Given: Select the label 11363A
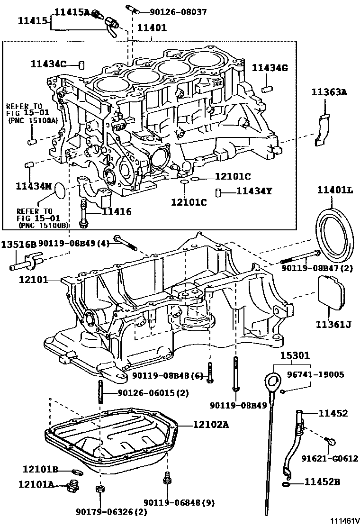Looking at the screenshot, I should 329,93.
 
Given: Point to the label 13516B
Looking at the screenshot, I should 18,245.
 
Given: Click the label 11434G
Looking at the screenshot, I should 270,68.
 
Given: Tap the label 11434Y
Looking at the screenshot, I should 254,191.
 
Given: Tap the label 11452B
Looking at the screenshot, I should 322,482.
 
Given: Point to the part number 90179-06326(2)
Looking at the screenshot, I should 111,511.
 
